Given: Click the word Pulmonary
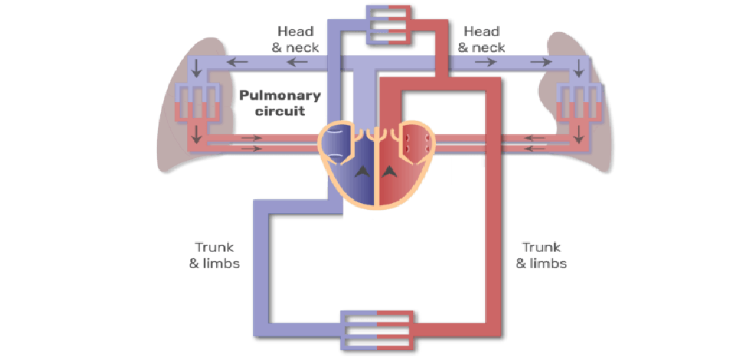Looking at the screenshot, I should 273,96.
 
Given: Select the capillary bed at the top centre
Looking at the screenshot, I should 389,24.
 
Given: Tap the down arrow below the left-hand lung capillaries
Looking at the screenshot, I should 198,136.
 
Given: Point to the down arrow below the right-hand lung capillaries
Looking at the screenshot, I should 578,136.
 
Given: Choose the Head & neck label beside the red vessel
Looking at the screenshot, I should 481,39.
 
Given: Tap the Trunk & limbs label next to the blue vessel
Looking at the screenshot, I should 215,255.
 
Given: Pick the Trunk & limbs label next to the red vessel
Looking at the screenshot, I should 541,255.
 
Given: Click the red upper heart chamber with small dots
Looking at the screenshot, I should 415,142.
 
